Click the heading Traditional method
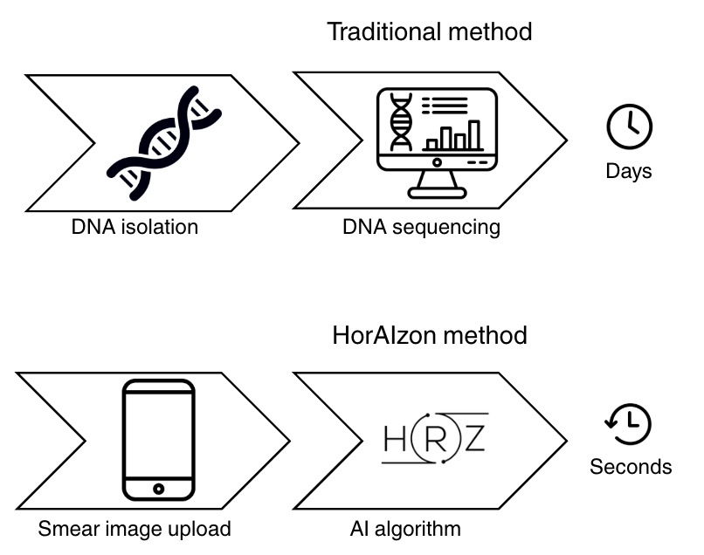[x=430, y=32]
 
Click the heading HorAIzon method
[x=430, y=335]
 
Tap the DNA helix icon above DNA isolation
[x=164, y=142]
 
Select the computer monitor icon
[x=437, y=142]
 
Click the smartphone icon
[x=158, y=440]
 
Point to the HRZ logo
[x=435, y=438]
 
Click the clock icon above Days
[x=629, y=127]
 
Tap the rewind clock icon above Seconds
[x=628, y=424]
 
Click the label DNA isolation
[x=135, y=227]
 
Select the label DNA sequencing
[x=421, y=228]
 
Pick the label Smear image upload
[x=135, y=529]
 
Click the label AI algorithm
[x=405, y=529]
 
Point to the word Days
[x=629, y=172]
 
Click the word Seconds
[x=631, y=467]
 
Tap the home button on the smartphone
[x=158, y=489]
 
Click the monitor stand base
[x=437, y=194]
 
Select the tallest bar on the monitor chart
[x=474, y=134]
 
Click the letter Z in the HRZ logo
[x=474, y=438]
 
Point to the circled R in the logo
[x=435, y=438]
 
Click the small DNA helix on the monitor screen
[x=401, y=121]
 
